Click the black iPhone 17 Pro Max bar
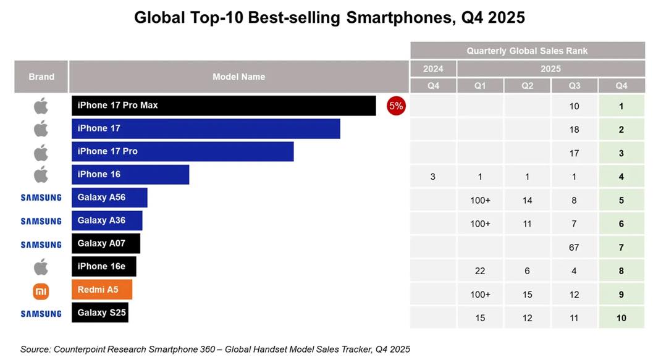point(223,106)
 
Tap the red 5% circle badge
point(395,106)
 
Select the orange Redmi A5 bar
point(101,289)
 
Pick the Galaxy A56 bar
point(109,198)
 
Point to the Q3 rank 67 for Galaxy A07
point(574,247)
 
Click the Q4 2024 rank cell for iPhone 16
point(433,177)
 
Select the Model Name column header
point(238,77)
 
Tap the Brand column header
point(41,77)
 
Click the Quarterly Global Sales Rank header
point(527,51)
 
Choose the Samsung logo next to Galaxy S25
point(41,313)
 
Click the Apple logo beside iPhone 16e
point(41,267)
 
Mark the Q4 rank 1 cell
point(621,106)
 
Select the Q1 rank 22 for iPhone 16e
point(480,270)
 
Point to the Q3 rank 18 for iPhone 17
point(574,130)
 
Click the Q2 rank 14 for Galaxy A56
point(527,200)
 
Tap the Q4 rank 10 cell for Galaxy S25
point(621,317)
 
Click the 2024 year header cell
point(433,69)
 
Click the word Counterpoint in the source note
point(80,349)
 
